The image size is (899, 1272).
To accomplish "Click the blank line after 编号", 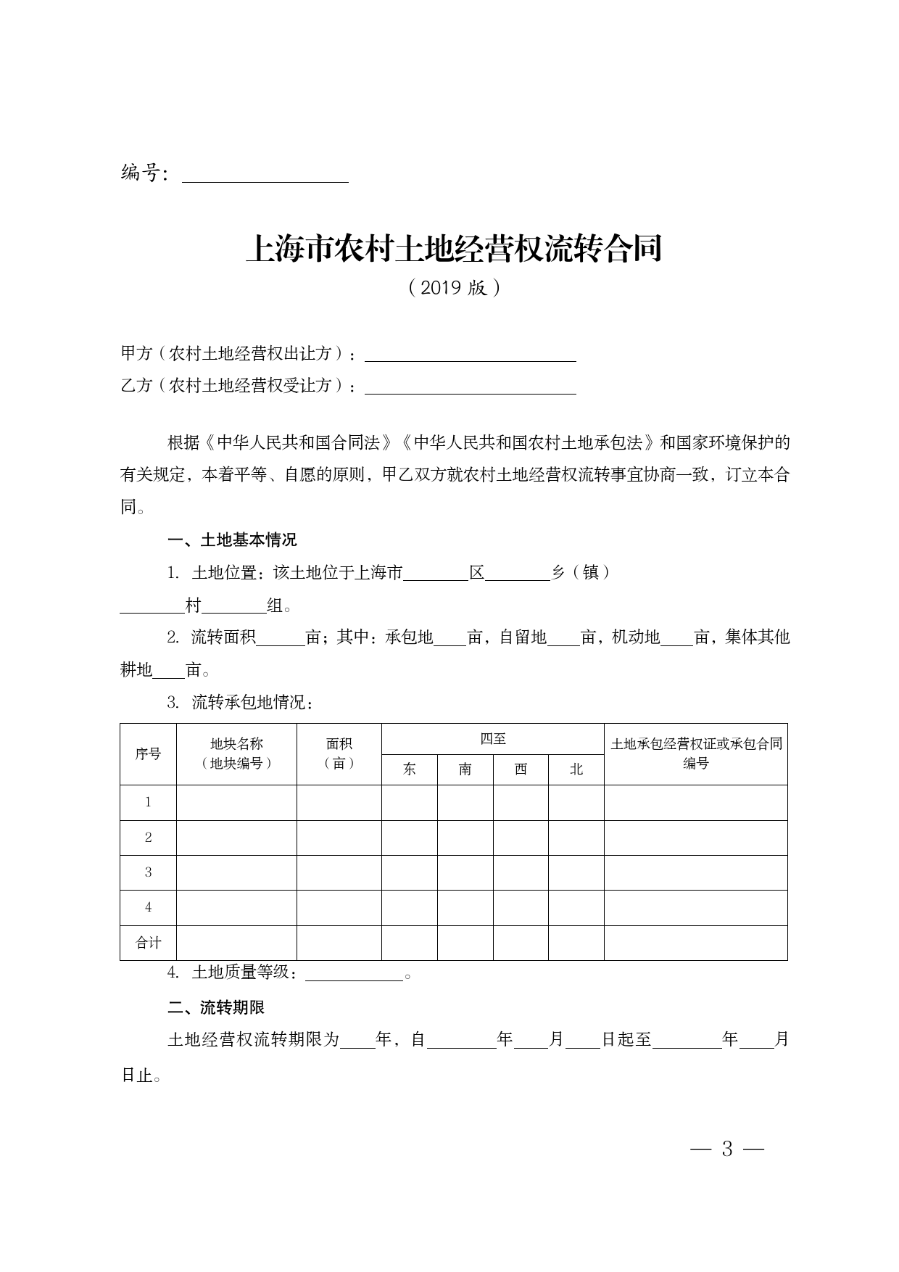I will click(265, 175).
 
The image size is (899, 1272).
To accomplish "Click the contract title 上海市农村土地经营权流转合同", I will click(454, 249).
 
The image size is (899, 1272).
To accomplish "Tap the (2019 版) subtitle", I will click(454, 288).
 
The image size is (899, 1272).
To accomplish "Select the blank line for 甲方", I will click(470, 355).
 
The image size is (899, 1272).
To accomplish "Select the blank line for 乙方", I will click(470, 387).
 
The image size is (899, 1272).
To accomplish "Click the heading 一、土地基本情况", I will click(232, 540).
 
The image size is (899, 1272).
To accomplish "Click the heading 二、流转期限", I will click(216, 1007).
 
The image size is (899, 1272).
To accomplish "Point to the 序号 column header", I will click(148, 754).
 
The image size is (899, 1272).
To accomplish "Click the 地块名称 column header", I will click(236, 753).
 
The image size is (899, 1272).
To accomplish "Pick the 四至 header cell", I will click(493, 739).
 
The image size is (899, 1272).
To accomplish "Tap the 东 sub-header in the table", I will click(410, 769).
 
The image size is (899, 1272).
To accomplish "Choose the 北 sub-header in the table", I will click(576, 769).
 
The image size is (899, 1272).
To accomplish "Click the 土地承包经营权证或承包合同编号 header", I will click(696, 753).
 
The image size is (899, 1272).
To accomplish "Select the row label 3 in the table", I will click(148, 872).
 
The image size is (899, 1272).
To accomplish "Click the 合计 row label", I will click(148, 943).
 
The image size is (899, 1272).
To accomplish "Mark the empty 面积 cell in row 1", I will click(339, 803).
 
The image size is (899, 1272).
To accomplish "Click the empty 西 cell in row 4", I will click(521, 908).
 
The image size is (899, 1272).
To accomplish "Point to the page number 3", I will click(727, 1149).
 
